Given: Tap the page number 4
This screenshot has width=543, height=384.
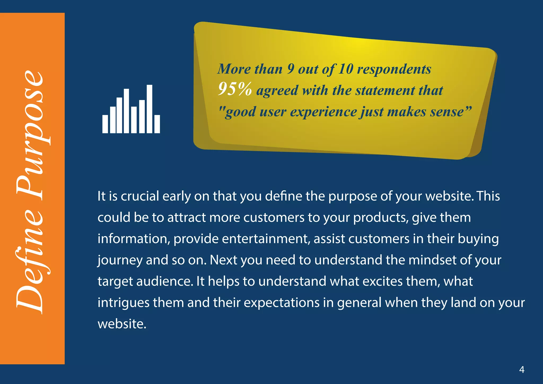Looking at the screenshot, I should point(522,369).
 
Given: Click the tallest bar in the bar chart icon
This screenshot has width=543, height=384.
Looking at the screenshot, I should point(149,109).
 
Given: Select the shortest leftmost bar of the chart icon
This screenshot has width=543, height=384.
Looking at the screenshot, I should point(105,124).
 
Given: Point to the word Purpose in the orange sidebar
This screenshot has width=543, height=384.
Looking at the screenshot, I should point(30,135).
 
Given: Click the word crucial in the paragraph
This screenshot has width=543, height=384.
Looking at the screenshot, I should point(140,196).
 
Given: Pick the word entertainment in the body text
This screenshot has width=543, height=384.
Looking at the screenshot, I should point(266,239).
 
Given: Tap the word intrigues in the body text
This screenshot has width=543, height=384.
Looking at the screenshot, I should point(123,303).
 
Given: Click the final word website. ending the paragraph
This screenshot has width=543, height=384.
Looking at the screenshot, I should point(122,324).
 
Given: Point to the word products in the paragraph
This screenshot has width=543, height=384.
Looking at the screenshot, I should point(380,218).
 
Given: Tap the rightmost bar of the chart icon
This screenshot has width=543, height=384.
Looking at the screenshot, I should point(157,124).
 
